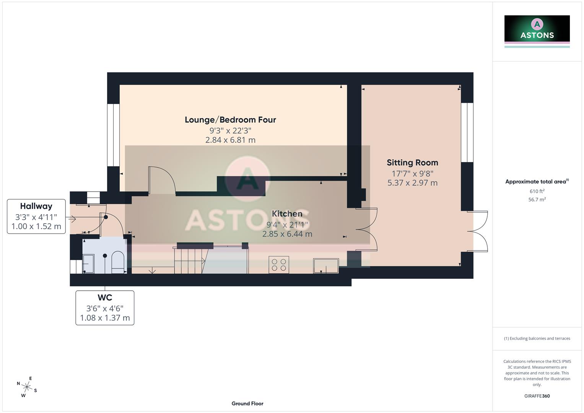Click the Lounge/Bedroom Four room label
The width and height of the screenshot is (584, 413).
tap(230, 120)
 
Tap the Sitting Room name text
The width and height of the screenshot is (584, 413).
tap(412, 163)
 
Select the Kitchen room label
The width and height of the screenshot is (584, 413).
tap(287, 214)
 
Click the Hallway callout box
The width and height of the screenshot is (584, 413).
tap(36, 216)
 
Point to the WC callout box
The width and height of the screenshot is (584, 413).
tap(105, 308)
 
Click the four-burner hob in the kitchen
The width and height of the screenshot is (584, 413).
tap(279, 264)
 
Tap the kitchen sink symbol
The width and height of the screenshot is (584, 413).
tap(326, 266)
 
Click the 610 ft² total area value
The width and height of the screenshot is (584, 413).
tap(537, 191)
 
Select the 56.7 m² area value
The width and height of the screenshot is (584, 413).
tap(537, 200)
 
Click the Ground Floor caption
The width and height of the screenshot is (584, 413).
tap(247, 403)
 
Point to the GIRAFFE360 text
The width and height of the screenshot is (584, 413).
tap(537, 396)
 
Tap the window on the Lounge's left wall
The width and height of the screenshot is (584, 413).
tap(113, 135)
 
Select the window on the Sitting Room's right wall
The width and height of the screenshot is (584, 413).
tap(467, 132)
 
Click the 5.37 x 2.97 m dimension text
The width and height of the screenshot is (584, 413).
tap(412, 183)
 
